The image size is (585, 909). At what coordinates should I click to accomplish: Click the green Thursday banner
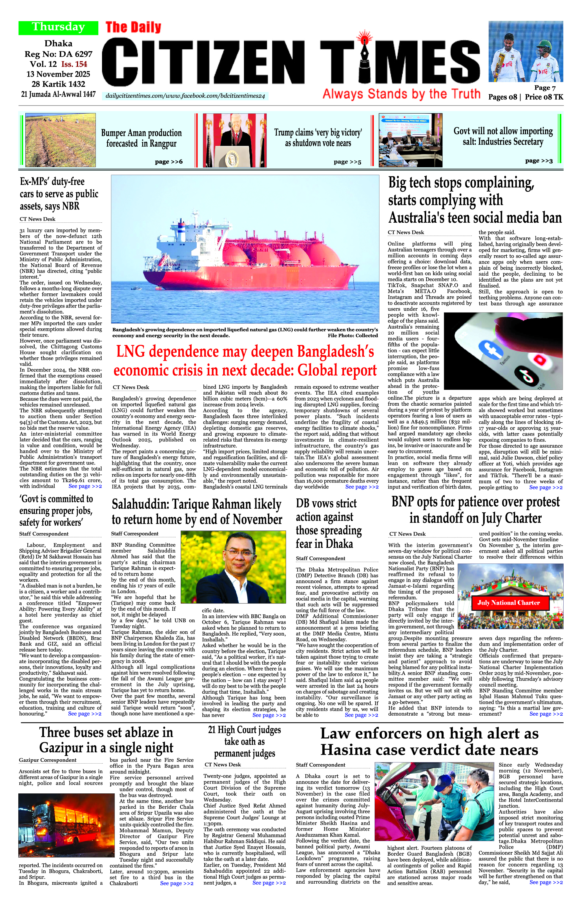58,27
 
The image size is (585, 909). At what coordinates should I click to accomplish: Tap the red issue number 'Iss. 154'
74,64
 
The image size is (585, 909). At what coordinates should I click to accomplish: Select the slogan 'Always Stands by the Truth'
401,94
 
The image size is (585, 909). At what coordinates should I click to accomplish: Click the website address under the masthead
185,96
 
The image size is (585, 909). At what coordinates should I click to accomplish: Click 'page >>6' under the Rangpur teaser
169,162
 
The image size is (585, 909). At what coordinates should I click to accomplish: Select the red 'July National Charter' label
508,603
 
